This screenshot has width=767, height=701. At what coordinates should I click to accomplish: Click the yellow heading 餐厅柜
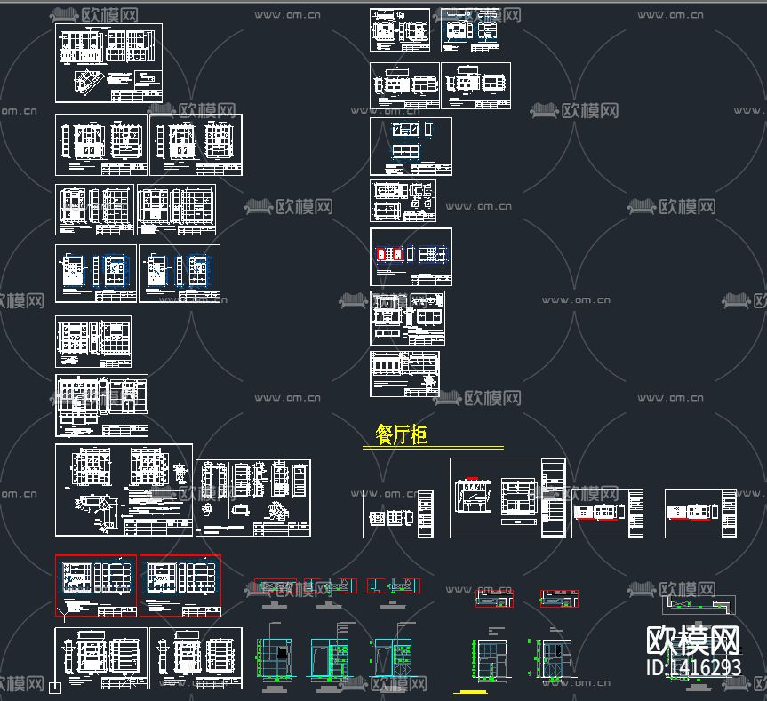point(401,434)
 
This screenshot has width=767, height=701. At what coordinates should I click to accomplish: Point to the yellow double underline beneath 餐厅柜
point(434,448)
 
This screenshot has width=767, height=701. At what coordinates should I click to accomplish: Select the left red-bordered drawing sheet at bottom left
point(96,585)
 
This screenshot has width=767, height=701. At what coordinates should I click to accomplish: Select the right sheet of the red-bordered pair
point(180,585)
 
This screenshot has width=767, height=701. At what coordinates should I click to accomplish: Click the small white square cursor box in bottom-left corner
point(55,687)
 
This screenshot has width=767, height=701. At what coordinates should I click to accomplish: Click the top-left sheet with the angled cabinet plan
point(108,62)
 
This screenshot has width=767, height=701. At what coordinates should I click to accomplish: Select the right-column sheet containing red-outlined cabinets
point(411,257)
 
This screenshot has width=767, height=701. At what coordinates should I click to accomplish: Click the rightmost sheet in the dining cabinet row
point(700,513)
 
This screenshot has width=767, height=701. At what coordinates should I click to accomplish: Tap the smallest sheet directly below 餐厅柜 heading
point(398,514)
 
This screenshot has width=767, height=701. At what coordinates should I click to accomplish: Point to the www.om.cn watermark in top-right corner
point(670,14)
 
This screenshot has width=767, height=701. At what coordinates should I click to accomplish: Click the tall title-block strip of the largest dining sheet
point(553,498)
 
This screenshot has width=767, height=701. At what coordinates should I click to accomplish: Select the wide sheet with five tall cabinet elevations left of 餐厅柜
point(253,498)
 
